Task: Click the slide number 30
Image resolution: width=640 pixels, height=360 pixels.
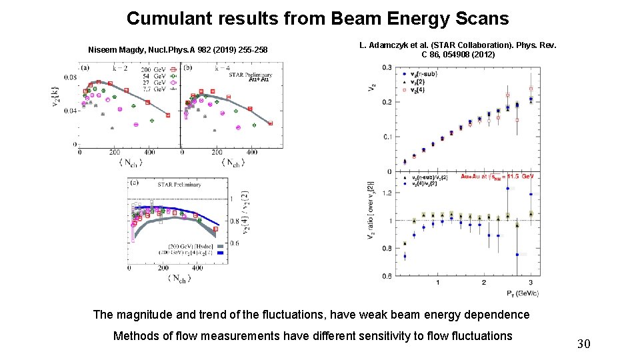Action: [583, 344]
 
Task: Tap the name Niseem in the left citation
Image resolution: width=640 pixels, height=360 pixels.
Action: [103, 50]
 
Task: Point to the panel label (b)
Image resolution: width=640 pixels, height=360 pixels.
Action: [188, 67]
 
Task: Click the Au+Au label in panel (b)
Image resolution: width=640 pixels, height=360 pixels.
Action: [258, 79]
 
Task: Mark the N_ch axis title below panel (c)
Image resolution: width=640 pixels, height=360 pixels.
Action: [179, 278]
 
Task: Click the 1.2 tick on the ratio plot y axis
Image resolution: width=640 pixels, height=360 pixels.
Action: [386, 193]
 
